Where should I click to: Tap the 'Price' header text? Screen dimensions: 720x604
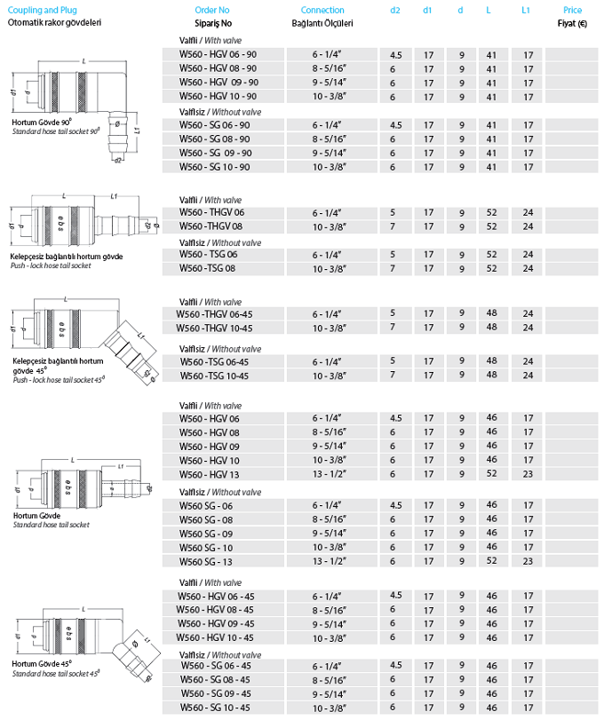573,9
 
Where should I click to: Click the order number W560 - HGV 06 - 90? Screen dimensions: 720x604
218,55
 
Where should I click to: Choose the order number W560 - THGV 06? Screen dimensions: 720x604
211,213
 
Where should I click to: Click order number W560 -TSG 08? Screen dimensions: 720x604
208,268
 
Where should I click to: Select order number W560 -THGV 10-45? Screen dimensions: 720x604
216,328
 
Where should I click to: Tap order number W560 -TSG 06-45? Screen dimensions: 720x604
214,361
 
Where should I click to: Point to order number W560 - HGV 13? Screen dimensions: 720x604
210,475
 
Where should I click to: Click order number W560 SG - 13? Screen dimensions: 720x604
206,561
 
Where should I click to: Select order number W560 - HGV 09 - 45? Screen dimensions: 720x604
217,624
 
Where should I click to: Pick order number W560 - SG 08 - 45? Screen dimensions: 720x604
216,679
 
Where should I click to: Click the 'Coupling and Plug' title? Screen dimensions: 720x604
37,9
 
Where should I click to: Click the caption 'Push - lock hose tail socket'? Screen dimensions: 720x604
51,265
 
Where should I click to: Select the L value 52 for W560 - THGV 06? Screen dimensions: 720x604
491,213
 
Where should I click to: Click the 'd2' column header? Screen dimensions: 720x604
395,9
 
